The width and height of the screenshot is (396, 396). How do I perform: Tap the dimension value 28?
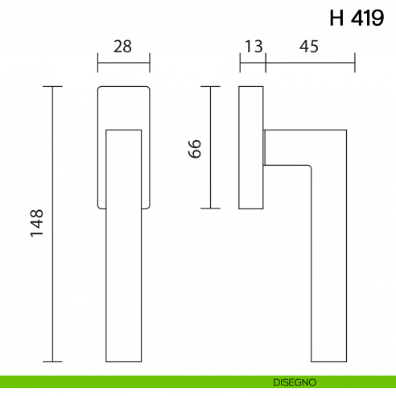122,46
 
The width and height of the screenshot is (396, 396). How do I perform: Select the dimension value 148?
37,223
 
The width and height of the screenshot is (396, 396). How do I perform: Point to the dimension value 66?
194,147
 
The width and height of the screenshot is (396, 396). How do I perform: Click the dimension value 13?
254,46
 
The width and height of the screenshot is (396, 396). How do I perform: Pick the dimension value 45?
308,46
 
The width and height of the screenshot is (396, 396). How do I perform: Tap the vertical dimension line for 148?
53,241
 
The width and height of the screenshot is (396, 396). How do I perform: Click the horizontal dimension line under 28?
123,61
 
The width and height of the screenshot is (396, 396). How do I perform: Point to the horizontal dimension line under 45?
310,61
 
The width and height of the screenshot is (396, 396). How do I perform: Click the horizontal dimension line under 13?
252,61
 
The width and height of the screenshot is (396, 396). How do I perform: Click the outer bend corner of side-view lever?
346,129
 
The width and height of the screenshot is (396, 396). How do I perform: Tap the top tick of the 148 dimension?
53,85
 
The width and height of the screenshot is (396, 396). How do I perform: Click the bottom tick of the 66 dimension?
211,208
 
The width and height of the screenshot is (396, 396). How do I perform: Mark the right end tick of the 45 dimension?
355,61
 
